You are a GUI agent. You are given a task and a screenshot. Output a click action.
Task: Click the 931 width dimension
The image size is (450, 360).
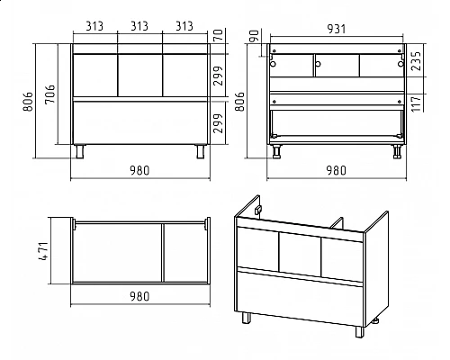(x=337, y=29)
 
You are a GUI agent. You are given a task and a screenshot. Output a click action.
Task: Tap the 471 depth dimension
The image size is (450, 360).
(x=44, y=251)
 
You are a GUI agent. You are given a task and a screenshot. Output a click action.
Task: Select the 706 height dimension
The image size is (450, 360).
(x=50, y=94)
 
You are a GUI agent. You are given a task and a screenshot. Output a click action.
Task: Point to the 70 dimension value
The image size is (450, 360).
(x=219, y=35)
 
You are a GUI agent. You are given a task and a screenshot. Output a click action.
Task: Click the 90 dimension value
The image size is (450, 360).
(x=254, y=36)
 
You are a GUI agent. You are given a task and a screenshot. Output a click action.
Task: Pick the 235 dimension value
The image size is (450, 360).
(x=416, y=61)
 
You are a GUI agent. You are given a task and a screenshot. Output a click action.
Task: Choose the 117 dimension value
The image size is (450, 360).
(x=416, y=103)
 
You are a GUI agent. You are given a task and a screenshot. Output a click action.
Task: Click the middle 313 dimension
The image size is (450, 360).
(x=139, y=26)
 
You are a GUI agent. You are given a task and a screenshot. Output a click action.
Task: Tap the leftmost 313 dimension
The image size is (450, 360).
(x=94, y=26)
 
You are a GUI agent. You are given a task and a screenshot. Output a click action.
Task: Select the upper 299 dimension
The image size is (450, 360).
(x=219, y=76)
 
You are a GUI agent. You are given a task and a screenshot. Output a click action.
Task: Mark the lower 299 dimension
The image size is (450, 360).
(x=219, y=123)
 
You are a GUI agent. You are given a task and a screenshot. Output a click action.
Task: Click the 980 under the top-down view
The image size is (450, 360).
(x=139, y=297)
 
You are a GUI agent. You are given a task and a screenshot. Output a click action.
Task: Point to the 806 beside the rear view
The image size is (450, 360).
(x=239, y=102)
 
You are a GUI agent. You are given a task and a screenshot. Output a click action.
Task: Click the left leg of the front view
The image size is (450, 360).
(x=80, y=151)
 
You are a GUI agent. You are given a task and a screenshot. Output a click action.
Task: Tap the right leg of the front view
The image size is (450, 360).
(x=201, y=151)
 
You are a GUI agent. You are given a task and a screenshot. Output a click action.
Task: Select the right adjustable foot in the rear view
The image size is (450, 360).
(x=397, y=151)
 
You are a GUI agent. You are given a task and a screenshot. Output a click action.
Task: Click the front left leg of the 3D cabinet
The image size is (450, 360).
(x=247, y=318)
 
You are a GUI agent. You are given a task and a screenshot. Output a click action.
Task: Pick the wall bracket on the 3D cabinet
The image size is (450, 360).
(x=258, y=211)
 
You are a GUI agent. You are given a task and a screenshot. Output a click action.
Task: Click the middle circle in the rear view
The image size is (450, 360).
(x=318, y=64)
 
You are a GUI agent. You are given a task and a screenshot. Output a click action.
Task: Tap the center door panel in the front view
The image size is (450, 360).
(x=140, y=76)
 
